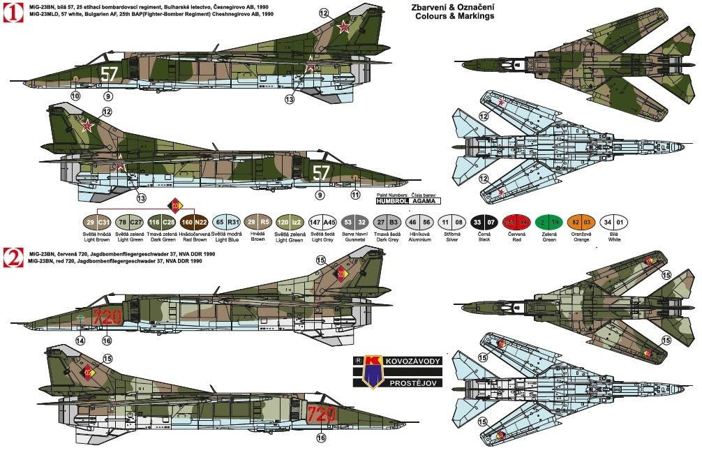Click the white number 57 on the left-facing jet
tap(109, 73)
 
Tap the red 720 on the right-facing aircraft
tap(322, 412)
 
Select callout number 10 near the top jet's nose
tap(75, 96)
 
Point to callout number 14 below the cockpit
tap(80, 341)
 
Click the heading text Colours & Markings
tap(454, 16)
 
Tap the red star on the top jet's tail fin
tap(343, 27)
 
